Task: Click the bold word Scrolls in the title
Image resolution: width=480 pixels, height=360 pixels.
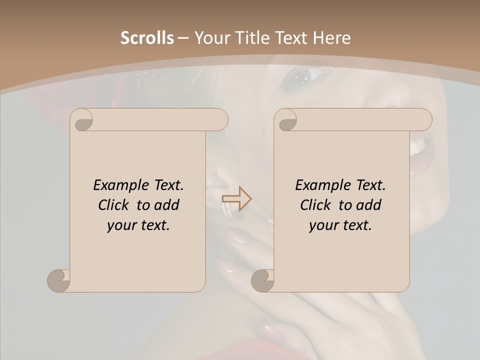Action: [x=147, y=38]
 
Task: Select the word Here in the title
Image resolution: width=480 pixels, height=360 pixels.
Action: [x=331, y=38]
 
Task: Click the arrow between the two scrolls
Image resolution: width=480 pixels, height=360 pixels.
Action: [x=236, y=199]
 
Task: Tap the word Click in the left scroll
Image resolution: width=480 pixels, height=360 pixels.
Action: [x=115, y=205]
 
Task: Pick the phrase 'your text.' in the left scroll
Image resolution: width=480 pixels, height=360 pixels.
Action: [x=138, y=225]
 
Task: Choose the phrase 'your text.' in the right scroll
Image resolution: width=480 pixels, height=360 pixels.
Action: [x=340, y=225]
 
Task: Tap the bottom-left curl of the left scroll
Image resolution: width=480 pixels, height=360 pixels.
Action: [x=59, y=280]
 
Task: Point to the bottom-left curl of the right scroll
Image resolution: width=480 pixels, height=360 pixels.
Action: [x=263, y=280]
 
